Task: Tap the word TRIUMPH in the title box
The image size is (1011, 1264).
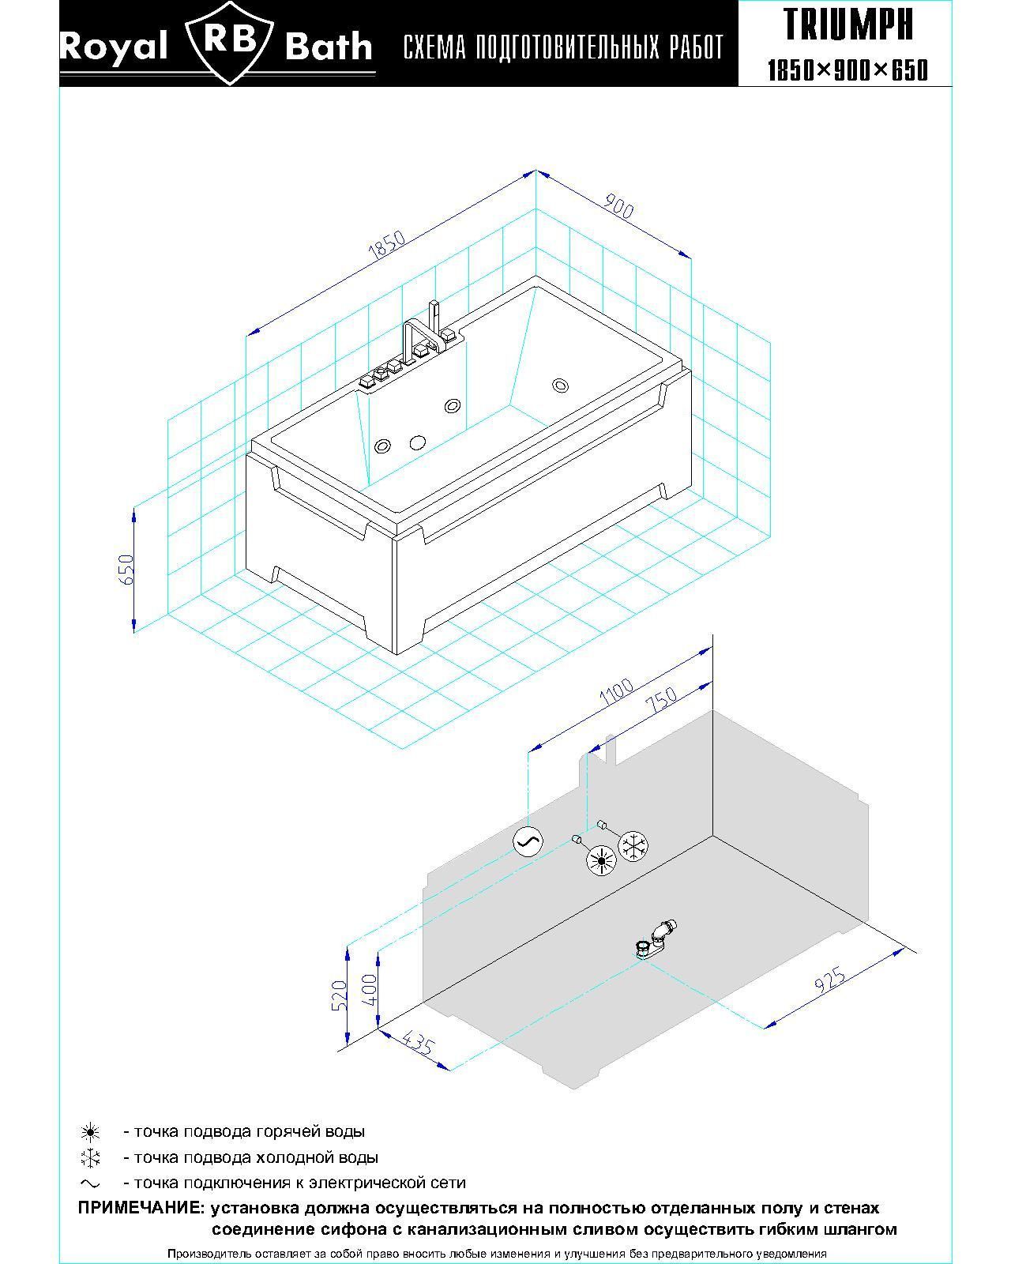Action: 848,24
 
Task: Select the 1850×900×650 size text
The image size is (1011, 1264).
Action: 848,70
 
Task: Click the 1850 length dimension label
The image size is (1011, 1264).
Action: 387,246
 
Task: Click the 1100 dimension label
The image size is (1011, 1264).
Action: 617,691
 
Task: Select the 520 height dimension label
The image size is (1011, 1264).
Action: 340,995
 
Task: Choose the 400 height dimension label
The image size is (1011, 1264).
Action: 370,989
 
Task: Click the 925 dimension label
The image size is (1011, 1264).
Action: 829,980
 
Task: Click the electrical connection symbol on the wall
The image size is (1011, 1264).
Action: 528,841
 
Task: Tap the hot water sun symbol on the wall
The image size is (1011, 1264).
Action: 602,860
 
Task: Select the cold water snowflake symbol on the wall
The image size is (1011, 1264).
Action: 633,846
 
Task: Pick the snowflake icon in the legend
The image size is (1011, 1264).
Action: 91,1158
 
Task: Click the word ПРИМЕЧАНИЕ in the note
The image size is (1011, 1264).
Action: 141,1208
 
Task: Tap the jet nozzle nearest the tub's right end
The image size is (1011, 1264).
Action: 560,386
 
